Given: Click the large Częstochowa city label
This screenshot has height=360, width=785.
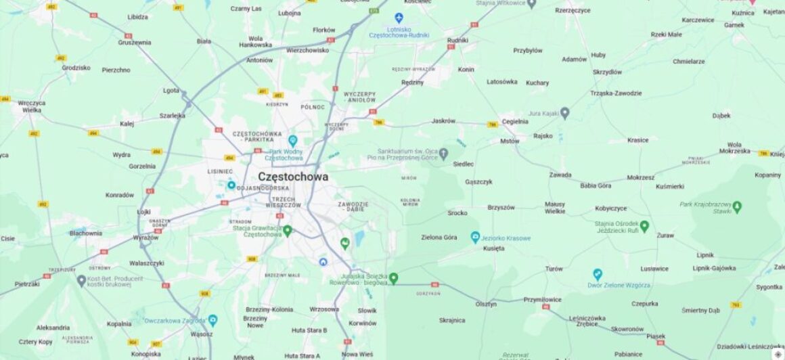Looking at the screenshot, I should [x=293, y=177].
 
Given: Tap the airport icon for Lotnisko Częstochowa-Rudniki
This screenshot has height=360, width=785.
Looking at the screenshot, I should [x=399, y=18].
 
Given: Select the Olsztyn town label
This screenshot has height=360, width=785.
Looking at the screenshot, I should [x=485, y=305].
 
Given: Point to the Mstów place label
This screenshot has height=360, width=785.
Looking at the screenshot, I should [x=510, y=141].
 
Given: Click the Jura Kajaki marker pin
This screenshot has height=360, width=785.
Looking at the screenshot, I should [x=564, y=113].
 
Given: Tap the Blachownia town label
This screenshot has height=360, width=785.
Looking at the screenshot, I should [x=86, y=233].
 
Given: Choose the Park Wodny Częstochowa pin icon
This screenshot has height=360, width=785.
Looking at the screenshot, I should [x=292, y=140].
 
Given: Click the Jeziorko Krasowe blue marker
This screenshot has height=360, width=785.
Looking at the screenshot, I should [x=475, y=238].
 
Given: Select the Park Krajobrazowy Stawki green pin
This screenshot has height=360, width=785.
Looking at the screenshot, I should [x=737, y=206].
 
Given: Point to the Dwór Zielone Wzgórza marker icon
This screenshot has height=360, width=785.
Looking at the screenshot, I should [x=597, y=274].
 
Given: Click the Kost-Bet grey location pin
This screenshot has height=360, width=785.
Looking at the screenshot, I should [x=81, y=280].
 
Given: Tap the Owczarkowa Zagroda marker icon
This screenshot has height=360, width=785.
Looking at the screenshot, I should [x=212, y=319].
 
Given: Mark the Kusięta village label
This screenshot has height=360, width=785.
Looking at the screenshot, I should [x=493, y=248].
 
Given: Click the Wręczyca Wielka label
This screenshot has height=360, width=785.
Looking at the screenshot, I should [x=32, y=106].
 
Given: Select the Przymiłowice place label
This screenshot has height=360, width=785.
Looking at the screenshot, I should [x=542, y=300].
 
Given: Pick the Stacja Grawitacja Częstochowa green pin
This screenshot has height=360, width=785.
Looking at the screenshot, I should [x=287, y=231].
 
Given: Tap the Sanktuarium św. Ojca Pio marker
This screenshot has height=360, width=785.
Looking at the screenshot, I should [x=444, y=154].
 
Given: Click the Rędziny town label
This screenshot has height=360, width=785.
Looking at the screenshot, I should [x=412, y=83].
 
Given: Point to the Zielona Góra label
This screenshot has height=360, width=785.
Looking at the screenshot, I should [x=439, y=238].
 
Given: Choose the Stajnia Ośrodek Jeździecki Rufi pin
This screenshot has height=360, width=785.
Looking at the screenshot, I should [x=644, y=226].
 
